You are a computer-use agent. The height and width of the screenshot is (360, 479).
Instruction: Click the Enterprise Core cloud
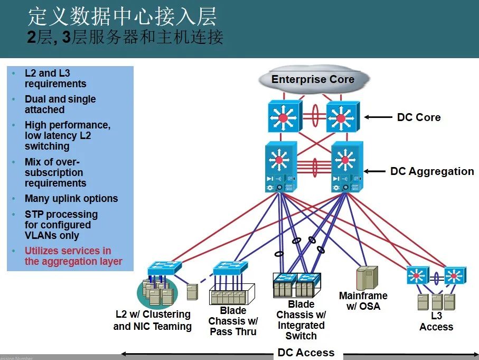coord(313,79)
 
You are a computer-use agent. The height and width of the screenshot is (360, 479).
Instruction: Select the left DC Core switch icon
coord(284,117)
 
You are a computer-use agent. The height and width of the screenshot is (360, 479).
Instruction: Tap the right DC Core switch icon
coord(342,117)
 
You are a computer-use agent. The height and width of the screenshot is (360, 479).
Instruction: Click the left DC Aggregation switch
coord(280,167)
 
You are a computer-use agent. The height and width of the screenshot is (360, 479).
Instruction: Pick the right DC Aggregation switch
coord(346,167)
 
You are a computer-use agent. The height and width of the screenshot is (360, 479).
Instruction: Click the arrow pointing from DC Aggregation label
coord(374,171)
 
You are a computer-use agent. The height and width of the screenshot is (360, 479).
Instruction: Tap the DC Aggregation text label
coord(431,171)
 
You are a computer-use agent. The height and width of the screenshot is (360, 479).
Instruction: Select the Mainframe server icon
coord(367,278)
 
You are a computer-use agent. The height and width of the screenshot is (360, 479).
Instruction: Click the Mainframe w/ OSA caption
coord(363,301)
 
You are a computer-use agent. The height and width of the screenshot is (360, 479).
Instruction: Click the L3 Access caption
coord(436,321)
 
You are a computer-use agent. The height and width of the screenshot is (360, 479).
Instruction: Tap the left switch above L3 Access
coord(417,275)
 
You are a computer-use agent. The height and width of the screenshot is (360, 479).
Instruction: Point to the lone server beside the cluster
coord(192,292)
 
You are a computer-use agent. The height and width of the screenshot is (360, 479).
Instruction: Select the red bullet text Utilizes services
coord(73,256)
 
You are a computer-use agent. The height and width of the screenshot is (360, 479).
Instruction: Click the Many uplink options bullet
coord(71,199)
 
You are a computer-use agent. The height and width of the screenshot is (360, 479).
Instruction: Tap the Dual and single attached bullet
coord(60,104)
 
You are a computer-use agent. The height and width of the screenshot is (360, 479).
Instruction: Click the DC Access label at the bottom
coord(306,353)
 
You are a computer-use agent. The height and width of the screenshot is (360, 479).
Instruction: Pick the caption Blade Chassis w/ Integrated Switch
coord(301,320)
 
